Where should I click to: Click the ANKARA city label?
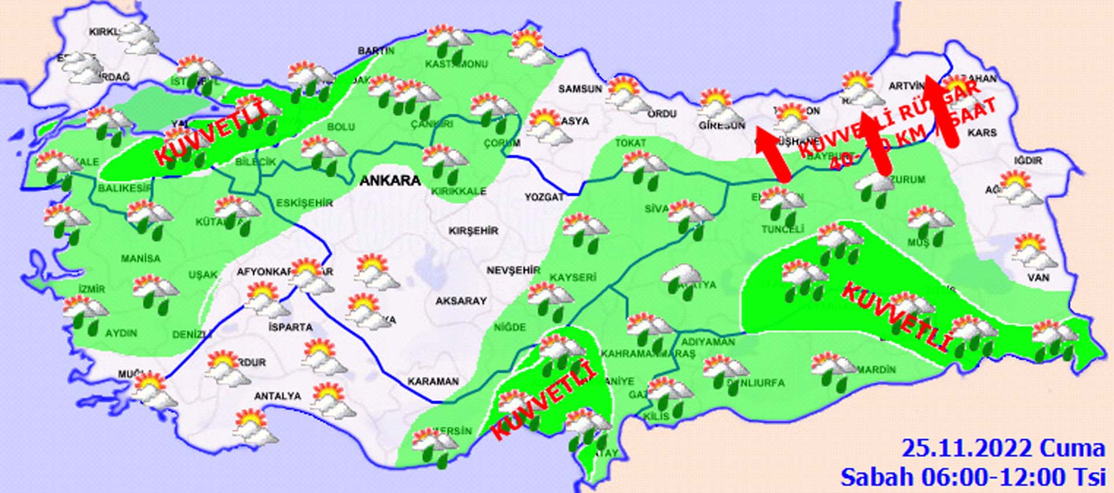(390, 181)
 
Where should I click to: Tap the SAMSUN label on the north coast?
(580, 89)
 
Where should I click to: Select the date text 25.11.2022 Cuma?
(1003, 448)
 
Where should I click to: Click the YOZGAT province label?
(544, 197)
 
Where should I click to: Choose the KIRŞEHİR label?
(473, 231)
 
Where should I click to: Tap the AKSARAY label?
(461, 301)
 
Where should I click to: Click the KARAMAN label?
(433, 382)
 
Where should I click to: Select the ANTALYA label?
(278, 396)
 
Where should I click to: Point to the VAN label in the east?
(1038, 278)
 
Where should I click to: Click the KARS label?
(982, 133)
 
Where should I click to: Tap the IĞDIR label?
(1028, 160)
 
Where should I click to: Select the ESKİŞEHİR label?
(304, 203)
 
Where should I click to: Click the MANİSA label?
(140, 258)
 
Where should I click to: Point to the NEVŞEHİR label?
(513, 271)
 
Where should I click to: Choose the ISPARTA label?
(291, 327)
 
